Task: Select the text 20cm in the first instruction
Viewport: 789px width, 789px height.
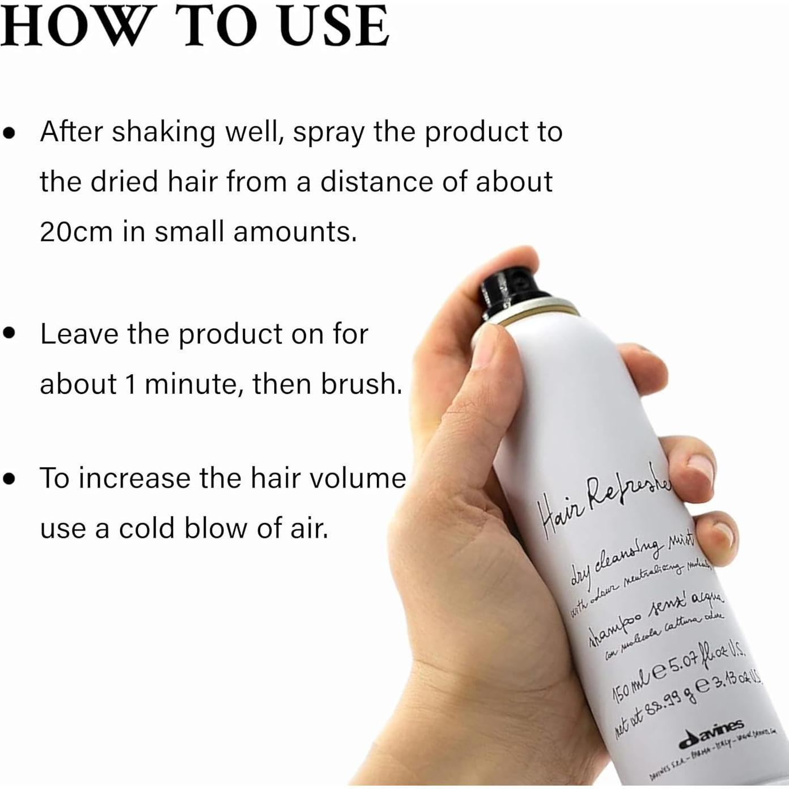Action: (76, 232)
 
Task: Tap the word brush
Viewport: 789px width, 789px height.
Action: (360, 384)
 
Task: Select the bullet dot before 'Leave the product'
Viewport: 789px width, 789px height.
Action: (9, 333)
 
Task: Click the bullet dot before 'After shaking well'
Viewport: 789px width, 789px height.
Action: (9, 133)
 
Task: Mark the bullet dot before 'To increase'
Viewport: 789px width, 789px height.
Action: (9, 478)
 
